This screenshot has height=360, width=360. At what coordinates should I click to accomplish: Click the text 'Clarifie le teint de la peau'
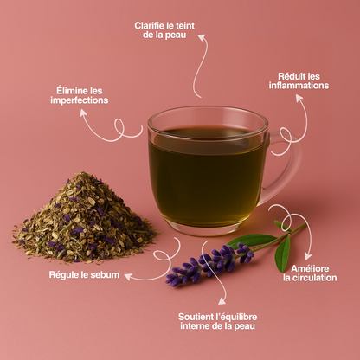click(164, 30)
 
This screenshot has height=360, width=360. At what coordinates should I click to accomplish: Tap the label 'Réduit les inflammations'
click(299, 80)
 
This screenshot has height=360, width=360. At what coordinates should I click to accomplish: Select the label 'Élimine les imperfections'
click(80, 95)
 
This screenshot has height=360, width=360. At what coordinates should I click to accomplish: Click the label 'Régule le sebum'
click(84, 274)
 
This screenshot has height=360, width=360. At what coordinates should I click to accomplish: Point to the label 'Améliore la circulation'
click(310, 273)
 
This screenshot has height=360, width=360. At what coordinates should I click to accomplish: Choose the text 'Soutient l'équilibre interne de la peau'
click(217, 321)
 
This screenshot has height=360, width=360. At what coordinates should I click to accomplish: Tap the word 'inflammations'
click(299, 86)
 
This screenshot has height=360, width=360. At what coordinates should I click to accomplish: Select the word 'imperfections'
click(80, 100)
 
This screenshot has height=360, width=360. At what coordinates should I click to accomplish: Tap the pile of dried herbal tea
click(84, 219)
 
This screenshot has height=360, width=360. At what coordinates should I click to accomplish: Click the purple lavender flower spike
click(210, 265)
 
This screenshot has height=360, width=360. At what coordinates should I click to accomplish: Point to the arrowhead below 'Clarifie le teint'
click(202, 37)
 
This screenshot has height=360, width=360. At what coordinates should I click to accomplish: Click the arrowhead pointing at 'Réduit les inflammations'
click(299, 99)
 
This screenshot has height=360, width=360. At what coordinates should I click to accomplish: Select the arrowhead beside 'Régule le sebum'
click(128, 277)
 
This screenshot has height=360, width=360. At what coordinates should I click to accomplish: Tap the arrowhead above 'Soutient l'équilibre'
click(222, 301)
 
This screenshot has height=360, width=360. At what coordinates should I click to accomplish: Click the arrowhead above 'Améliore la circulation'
click(308, 256)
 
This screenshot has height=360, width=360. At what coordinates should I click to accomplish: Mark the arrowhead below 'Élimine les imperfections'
click(83, 112)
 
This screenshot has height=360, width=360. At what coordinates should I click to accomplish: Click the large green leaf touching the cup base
click(252, 241)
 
